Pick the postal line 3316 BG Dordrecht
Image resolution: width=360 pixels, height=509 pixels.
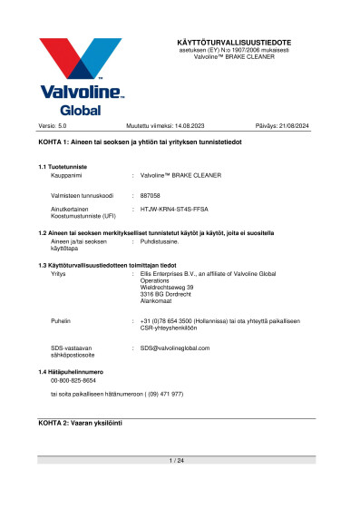tap(167, 294)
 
